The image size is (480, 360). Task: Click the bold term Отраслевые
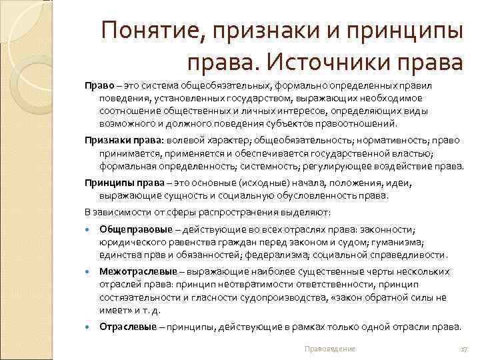click(x=128, y=327)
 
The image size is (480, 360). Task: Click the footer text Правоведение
click(x=329, y=349)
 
